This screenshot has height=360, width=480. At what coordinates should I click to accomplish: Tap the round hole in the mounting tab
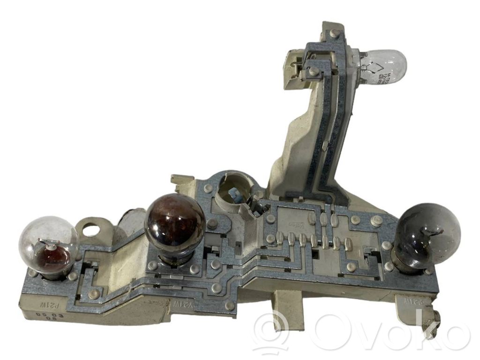(93, 229)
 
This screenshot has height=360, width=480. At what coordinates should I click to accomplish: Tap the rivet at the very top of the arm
(333, 33)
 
